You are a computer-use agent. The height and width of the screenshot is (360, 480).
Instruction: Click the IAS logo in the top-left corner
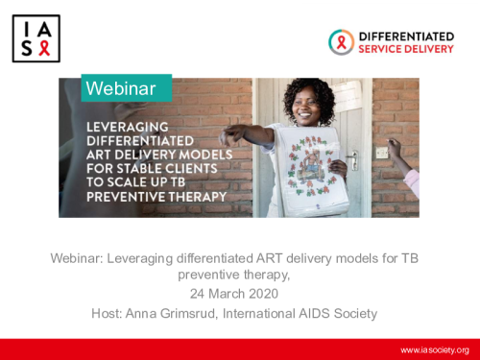coord(36,37)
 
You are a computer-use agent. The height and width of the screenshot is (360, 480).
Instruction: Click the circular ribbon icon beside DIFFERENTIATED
coord(341,41)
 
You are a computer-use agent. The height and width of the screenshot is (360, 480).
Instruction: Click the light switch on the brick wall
coord(382,152)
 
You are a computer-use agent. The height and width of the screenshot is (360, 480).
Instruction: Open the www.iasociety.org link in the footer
coord(434,349)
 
